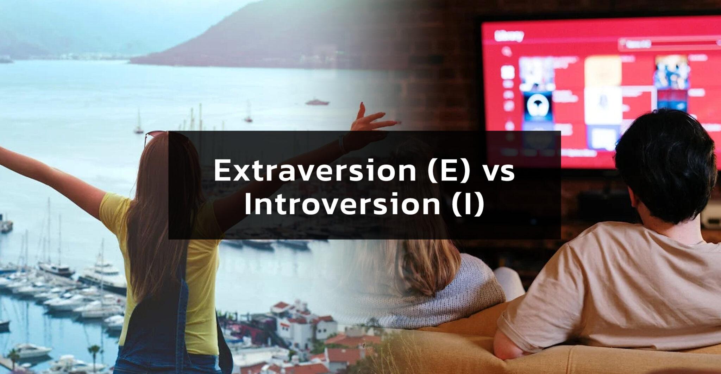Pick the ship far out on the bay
(x=317, y=102)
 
